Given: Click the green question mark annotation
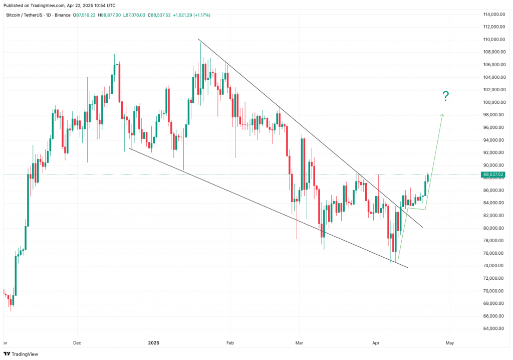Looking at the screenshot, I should point(445,96).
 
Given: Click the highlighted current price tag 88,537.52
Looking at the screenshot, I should point(492,174).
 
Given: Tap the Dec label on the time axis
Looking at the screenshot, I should point(77,343).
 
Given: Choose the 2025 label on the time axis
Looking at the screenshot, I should point(154,343).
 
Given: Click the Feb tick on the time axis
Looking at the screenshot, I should point(230,343).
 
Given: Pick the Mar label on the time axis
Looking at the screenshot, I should point(299,343).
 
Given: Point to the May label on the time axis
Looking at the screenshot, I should point(449,343).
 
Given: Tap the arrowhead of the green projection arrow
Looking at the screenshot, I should point(442,116).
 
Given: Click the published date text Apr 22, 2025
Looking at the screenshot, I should point(81,5).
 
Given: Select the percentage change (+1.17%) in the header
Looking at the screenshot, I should point(199,15).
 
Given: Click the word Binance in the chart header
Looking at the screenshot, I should point(62,15).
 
